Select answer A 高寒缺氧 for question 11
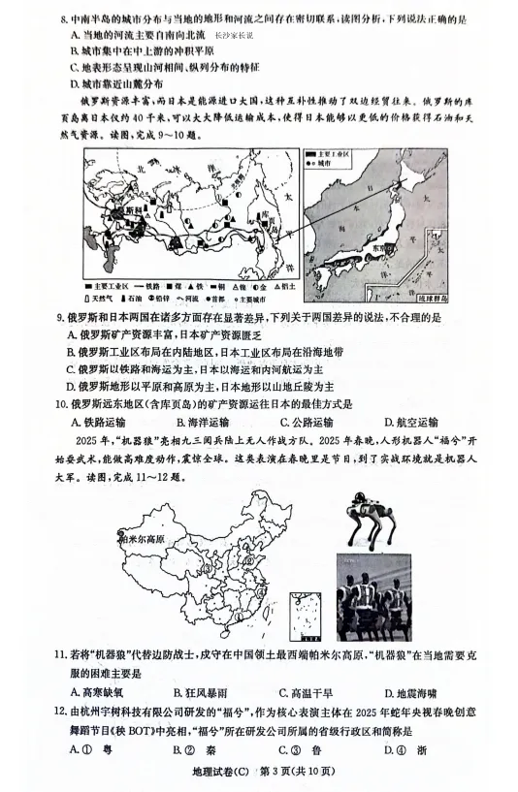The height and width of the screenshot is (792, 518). pos(98,692)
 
